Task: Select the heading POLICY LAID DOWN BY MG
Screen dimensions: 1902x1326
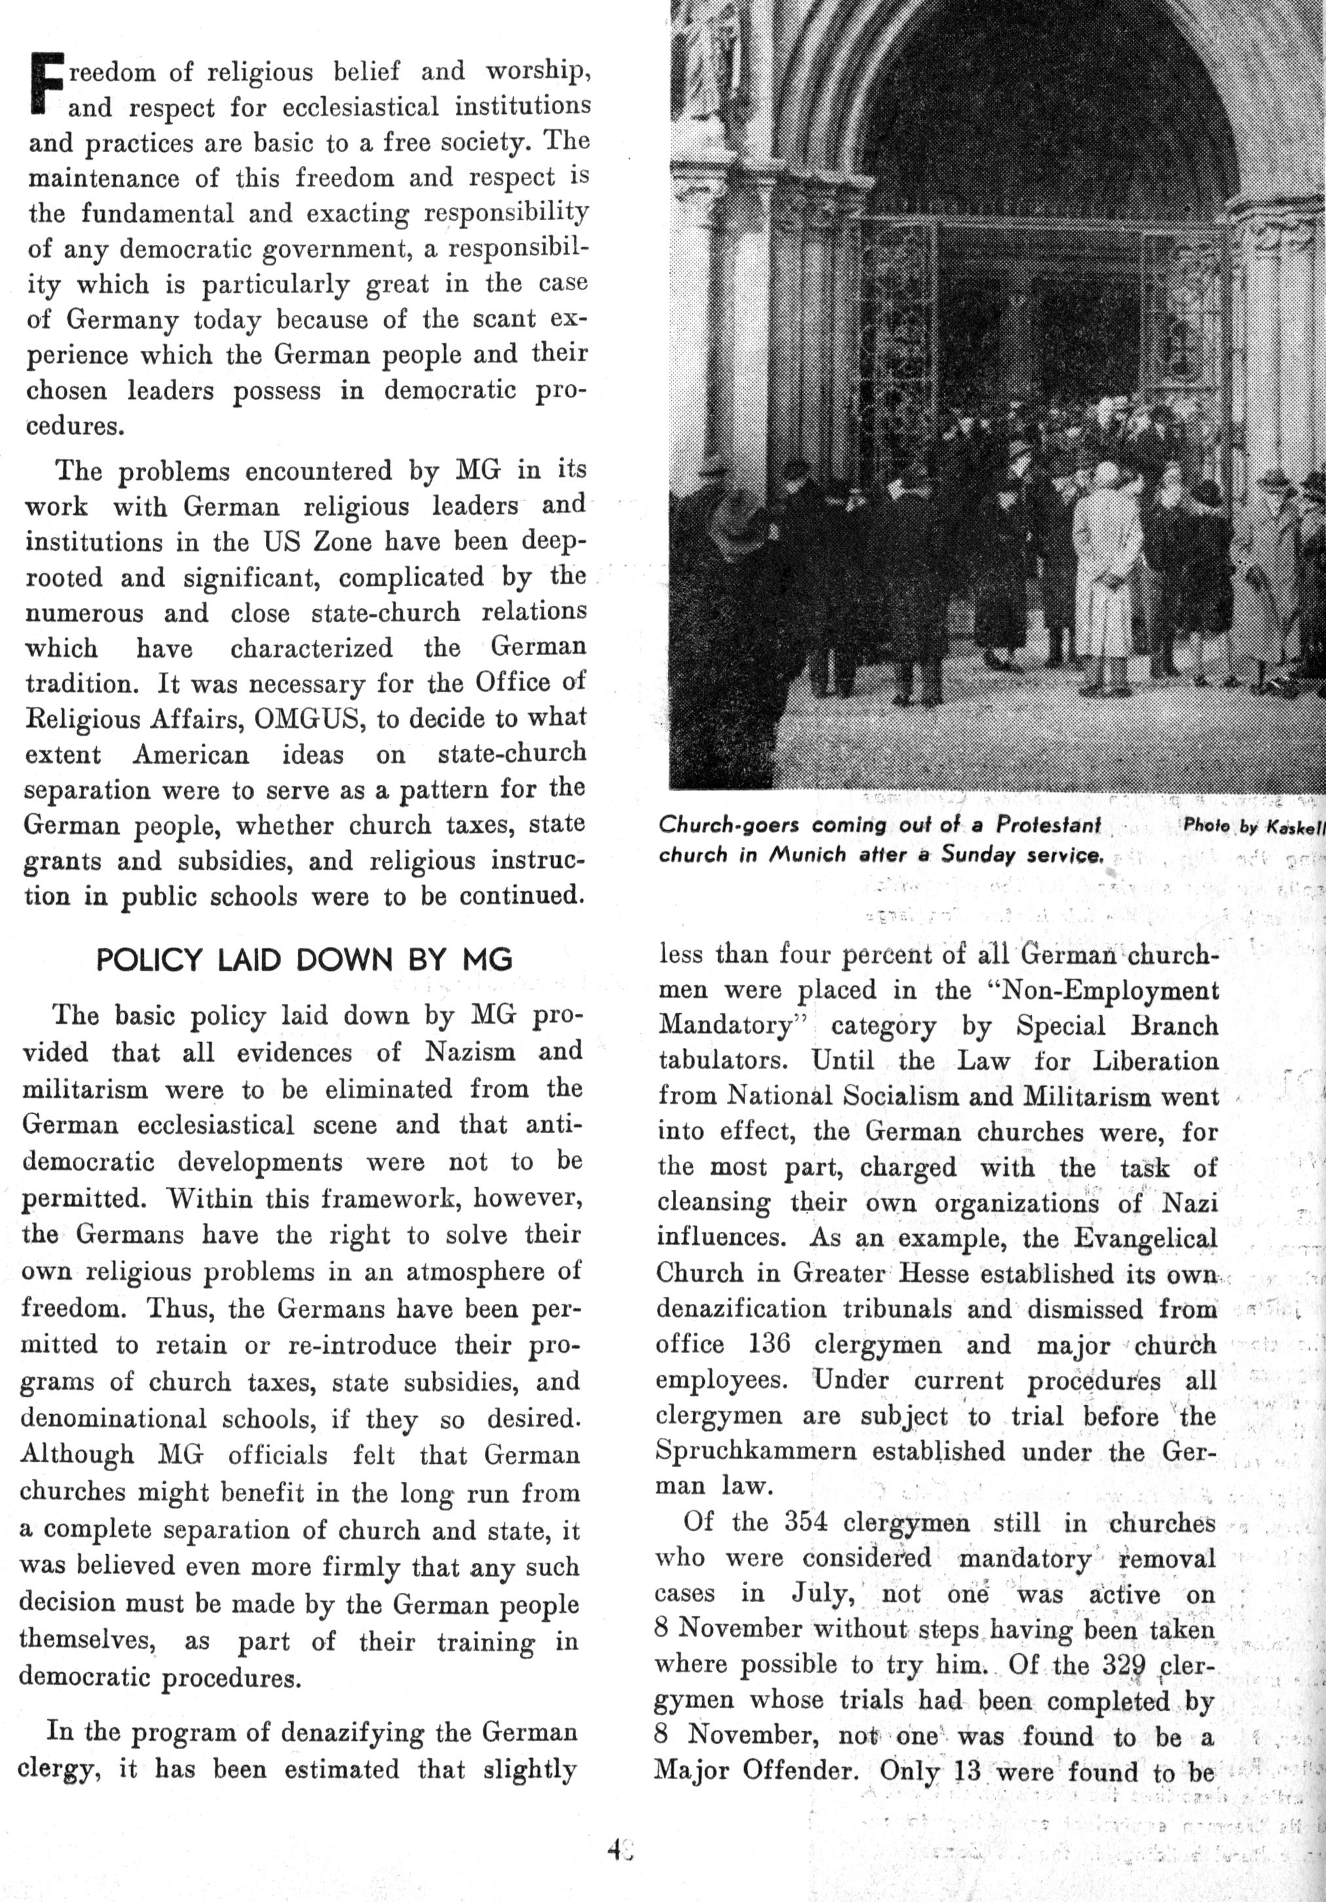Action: click(x=304, y=960)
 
